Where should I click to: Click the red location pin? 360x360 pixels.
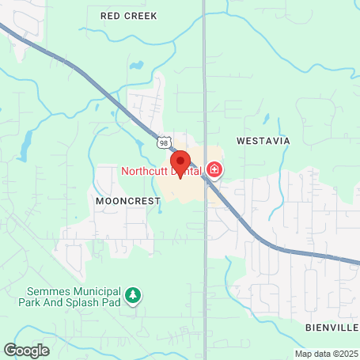[180, 164]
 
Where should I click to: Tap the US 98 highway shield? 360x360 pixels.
[164, 141]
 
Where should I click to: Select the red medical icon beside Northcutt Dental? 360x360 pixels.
[214, 169]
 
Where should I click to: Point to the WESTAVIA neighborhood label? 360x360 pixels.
[263, 141]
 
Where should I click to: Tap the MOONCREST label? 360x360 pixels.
[127, 201]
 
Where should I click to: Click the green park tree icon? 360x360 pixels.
[135, 296]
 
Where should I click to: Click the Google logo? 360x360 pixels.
[26, 349]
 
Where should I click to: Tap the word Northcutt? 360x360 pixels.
[146, 170]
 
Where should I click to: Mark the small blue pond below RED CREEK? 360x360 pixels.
[137, 66]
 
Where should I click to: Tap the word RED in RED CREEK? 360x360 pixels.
[112, 15]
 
